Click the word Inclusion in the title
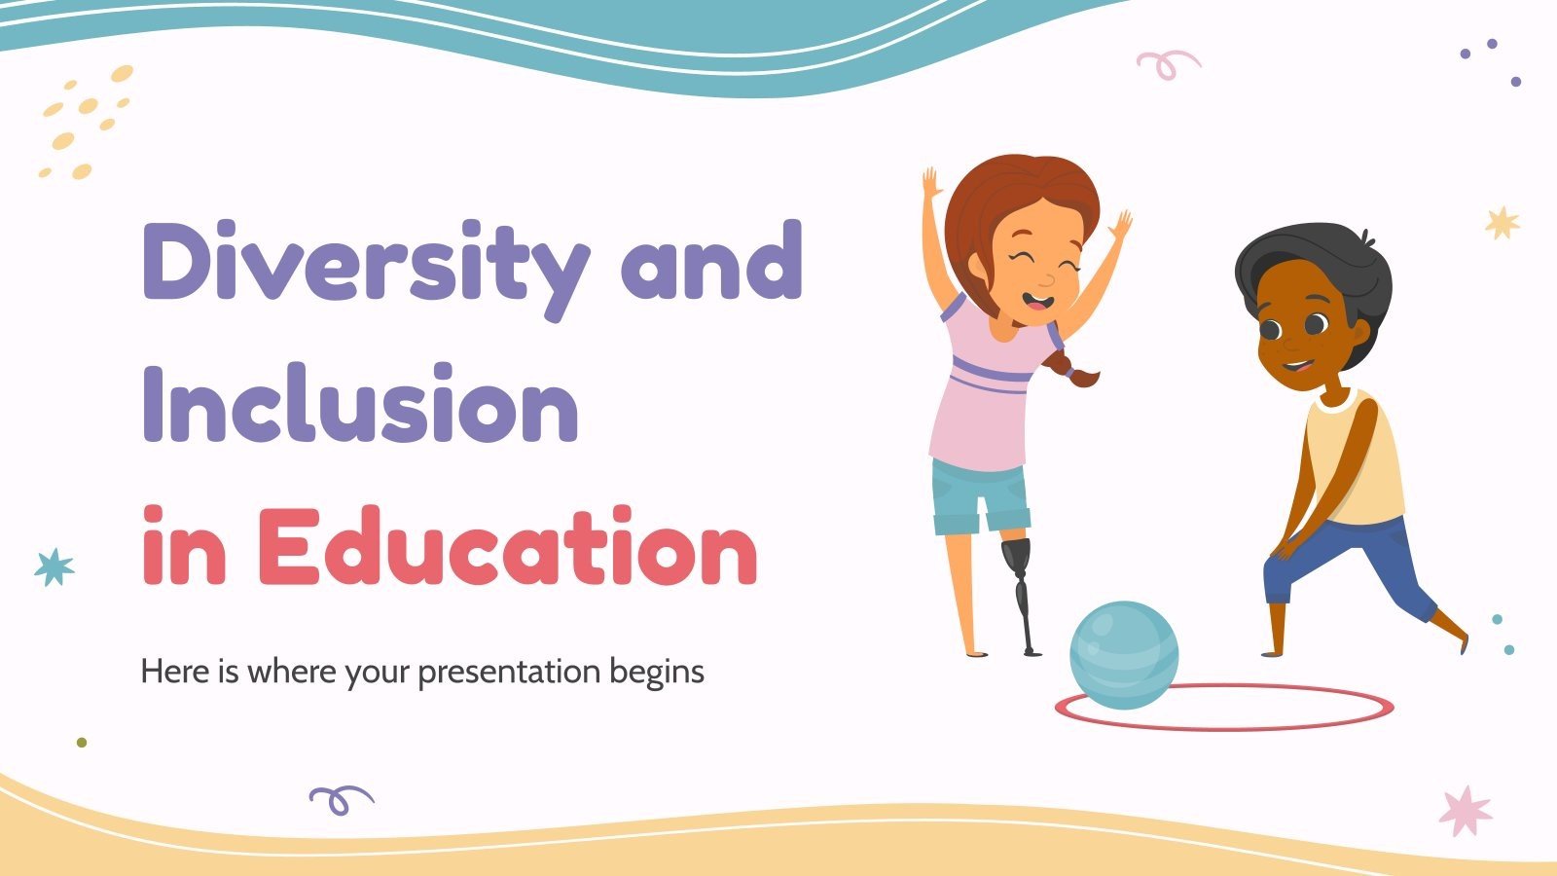[360, 404]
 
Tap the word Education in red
[506, 547]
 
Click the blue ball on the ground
[1124, 653]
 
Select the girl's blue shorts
[978, 496]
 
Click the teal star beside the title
[54, 566]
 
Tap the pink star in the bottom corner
[1466, 811]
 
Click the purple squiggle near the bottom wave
[340, 799]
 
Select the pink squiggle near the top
[1167, 63]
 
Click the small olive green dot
[82, 742]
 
